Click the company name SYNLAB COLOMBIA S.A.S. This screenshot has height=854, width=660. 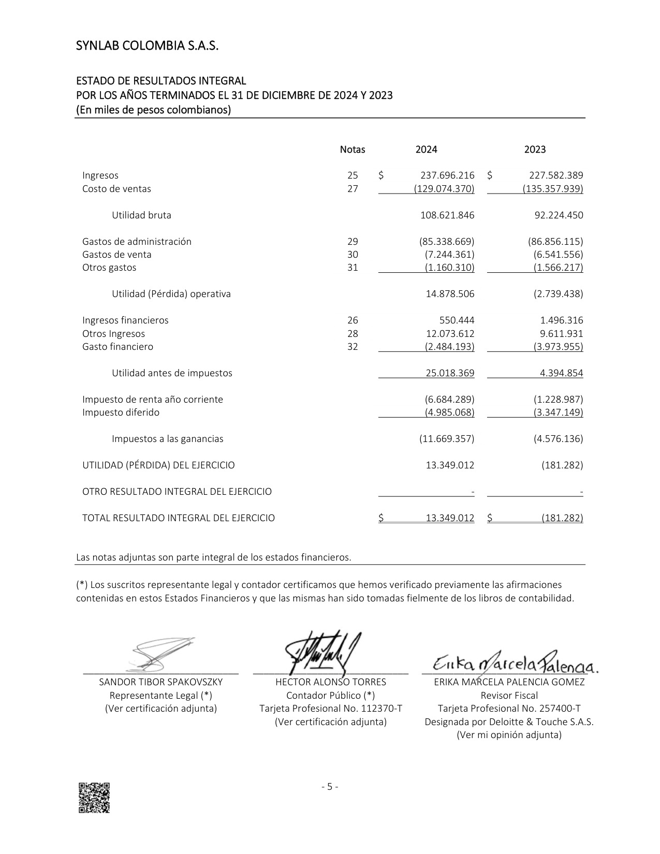click(x=147, y=46)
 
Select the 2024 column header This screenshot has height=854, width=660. click(x=426, y=150)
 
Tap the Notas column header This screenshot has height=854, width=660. click(x=353, y=150)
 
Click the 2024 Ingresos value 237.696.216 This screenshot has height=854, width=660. click(x=447, y=175)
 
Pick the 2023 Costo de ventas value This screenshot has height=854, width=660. click(x=553, y=189)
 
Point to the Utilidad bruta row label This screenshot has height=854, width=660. click(x=141, y=215)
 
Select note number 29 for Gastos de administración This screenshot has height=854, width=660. click(x=353, y=242)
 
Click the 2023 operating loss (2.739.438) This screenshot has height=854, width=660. click(x=558, y=294)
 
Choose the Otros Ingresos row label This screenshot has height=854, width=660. click(x=113, y=334)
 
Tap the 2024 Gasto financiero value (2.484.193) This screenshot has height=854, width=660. click(x=449, y=347)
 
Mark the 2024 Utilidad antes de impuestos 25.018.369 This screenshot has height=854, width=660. click(x=450, y=373)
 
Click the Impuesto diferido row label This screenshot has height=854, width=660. click(x=121, y=413)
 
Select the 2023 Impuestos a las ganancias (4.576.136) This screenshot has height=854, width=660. click(x=558, y=439)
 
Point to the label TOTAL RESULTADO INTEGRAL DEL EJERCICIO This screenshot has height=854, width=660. click(x=179, y=518)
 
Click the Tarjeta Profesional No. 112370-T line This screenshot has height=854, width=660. click(x=331, y=709)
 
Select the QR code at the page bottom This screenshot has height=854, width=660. click(x=94, y=798)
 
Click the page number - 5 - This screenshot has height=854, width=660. click(x=330, y=787)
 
